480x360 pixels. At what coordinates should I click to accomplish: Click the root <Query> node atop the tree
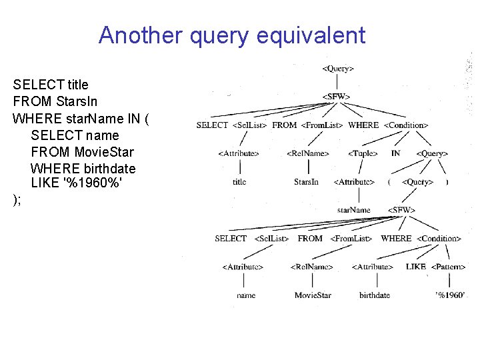(337, 68)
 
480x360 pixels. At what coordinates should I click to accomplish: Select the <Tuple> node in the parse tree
(363, 153)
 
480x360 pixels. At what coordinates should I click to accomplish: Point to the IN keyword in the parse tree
(395, 153)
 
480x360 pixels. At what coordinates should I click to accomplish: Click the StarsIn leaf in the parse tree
(306, 181)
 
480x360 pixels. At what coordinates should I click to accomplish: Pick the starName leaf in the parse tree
(354, 210)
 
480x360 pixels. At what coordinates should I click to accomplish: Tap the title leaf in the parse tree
(239, 181)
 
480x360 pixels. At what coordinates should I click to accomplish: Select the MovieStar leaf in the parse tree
(313, 295)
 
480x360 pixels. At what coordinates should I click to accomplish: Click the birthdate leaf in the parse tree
(374, 295)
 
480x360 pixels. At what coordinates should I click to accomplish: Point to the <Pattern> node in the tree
(449, 267)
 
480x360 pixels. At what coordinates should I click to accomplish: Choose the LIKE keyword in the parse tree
(415, 267)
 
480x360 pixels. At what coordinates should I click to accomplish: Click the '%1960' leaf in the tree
(450, 295)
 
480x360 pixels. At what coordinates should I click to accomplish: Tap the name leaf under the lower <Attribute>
(245, 295)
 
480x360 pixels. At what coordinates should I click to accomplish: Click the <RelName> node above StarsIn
(307, 153)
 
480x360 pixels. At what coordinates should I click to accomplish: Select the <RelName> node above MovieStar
(311, 267)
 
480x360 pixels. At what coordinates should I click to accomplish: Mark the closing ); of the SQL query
(17, 200)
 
